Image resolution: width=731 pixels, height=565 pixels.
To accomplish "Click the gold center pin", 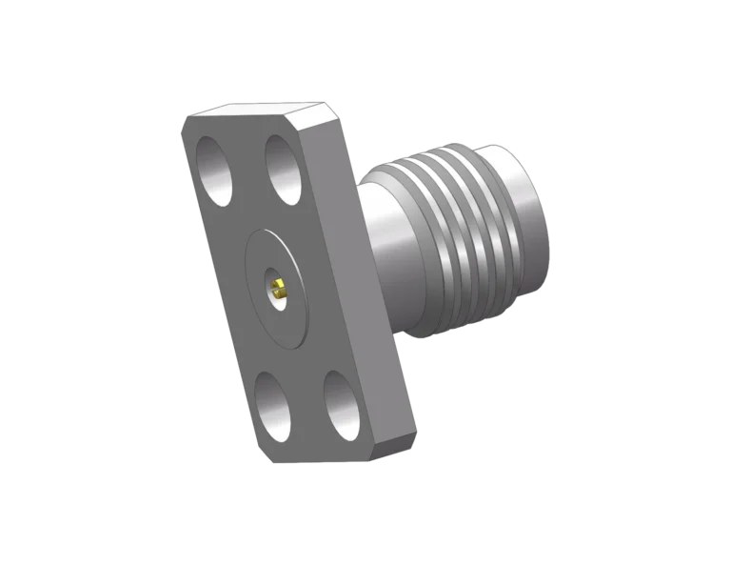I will pyautogui.click(x=277, y=285).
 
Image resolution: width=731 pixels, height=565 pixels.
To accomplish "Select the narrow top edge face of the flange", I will pyautogui.click(x=257, y=111).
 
